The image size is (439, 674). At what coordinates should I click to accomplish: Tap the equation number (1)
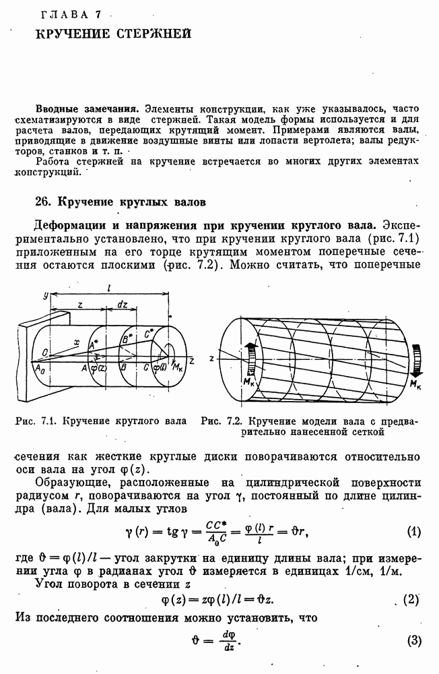414,531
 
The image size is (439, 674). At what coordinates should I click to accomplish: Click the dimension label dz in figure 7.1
123,304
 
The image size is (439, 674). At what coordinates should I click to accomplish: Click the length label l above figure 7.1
109,288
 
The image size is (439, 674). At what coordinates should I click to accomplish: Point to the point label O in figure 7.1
44,351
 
